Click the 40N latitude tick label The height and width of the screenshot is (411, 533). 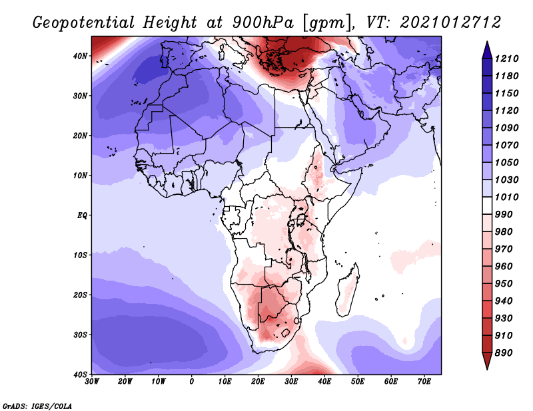tap(80, 56)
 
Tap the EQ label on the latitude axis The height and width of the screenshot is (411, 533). tap(82, 215)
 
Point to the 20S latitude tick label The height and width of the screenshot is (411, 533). tap(80, 295)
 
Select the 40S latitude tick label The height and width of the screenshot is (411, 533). tap(80, 374)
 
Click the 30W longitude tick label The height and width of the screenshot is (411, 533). tap(92, 382)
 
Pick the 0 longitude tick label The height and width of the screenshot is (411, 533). tap(192, 382)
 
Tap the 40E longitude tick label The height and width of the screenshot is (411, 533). tap(324, 382)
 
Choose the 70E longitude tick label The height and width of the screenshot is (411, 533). tap(424, 382)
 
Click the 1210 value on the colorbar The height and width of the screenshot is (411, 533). tap(506, 59)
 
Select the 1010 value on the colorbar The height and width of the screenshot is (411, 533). tap(506, 197)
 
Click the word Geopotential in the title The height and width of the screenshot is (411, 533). tap(84, 23)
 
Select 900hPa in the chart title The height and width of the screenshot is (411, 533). tap(263, 23)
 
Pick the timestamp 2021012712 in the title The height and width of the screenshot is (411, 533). tap(450, 23)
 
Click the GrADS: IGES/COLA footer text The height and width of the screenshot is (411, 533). tap(37, 406)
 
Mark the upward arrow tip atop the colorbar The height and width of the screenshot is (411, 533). tap(487, 42)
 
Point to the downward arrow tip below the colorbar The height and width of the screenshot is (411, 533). tap(487, 369)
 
